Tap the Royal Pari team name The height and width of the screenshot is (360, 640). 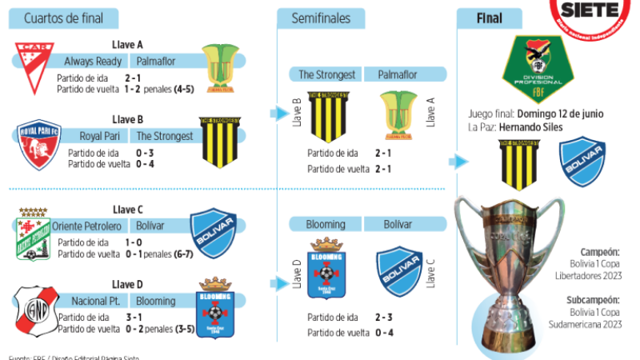pos(99,136)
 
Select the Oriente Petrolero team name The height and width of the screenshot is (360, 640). pos(85,226)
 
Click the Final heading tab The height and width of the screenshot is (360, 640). pos(489,18)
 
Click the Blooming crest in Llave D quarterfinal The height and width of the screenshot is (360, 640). pos(214,307)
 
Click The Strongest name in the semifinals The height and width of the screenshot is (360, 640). pos(326,75)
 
